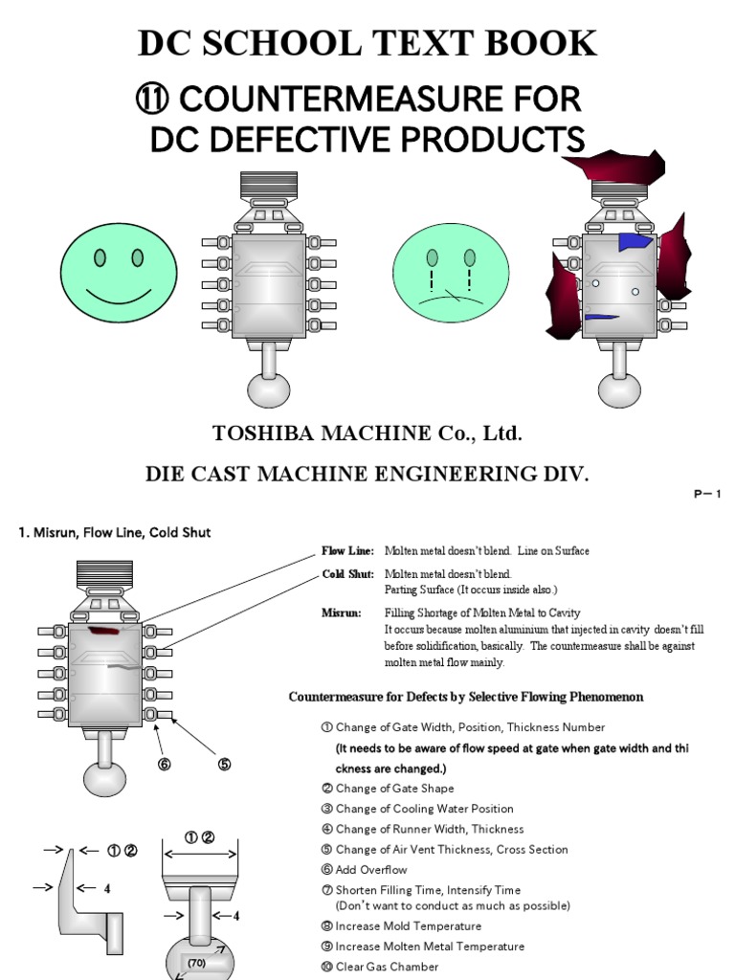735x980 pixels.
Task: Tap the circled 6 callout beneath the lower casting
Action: [x=164, y=764]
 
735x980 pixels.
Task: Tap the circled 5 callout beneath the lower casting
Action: [x=224, y=764]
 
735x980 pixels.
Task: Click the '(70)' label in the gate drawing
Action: [x=197, y=962]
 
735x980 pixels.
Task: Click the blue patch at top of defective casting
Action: [x=634, y=242]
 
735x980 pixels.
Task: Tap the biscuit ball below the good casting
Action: [x=269, y=389]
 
